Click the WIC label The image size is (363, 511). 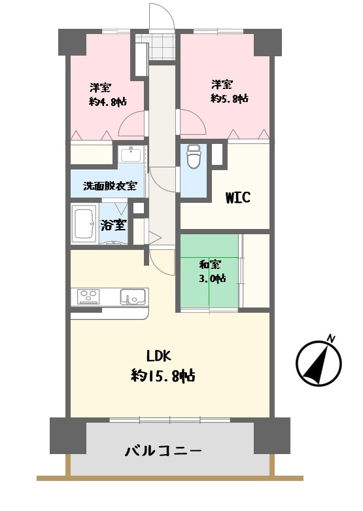click(x=238, y=198)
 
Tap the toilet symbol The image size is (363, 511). click(x=194, y=156)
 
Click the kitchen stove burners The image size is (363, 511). click(x=89, y=296)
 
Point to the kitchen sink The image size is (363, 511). click(x=133, y=296)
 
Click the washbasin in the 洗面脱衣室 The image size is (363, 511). click(x=131, y=154)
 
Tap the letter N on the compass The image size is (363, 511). click(x=331, y=338)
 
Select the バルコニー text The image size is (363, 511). click(x=164, y=451)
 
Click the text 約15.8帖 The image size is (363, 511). click(x=164, y=376)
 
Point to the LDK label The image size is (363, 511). click(x=159, y=356)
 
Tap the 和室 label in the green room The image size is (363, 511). click(x=210, y=264)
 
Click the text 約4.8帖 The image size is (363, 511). click(x=108, y=101)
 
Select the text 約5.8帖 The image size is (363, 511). click(x=230, y=98)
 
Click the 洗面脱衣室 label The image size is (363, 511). click(x=110, y=186)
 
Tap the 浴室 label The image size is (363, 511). click(x=113, y=224)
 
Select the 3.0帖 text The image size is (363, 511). click(x=213, y=279)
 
